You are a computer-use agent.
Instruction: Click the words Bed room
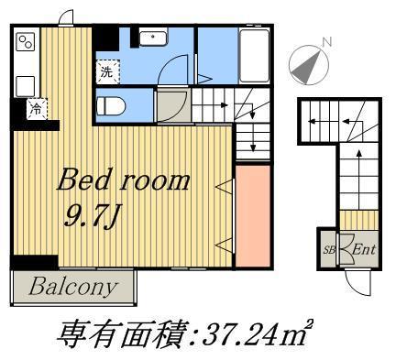(124, 179)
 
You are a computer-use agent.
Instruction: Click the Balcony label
(73, 287)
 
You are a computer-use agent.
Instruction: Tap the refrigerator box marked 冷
(35, 109)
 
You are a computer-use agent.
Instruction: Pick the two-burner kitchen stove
(25, 41)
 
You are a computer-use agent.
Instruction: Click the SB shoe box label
(327, 248)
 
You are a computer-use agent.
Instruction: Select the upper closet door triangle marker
(223, 187)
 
